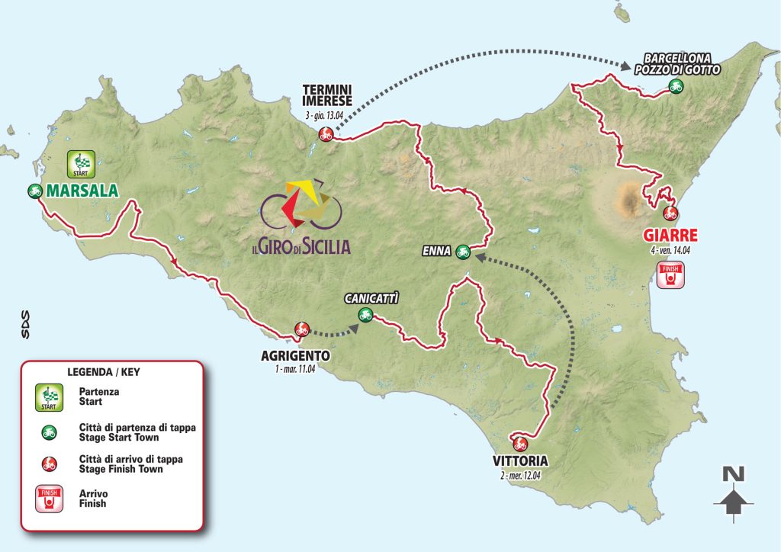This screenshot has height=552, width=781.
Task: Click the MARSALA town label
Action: pos(85,191)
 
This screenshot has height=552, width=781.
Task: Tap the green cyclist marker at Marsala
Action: pos(34,191)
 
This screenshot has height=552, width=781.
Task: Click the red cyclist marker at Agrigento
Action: pos(302,329)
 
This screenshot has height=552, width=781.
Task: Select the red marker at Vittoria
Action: pos(521,443)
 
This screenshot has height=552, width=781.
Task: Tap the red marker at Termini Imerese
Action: pos(326,136)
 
